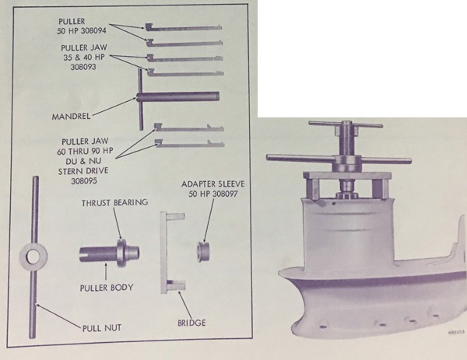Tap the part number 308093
[83, 67]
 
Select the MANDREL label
[71, 117]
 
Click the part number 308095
[84, 180]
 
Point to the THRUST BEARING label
[115, 203]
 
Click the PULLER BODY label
[107, 288]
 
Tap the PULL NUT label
[102, 328]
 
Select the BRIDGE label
[191, 323]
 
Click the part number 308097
[225, 194]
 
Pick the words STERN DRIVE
[83, 171]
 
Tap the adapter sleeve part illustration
[203, 252]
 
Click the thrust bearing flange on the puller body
[121, 253]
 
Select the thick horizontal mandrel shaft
[178, 96]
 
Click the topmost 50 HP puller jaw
[184, 28]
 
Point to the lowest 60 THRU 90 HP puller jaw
[190, 144]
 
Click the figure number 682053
[456, 333]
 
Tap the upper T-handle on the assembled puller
[346, 124]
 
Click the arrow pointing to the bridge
[185, 305]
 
